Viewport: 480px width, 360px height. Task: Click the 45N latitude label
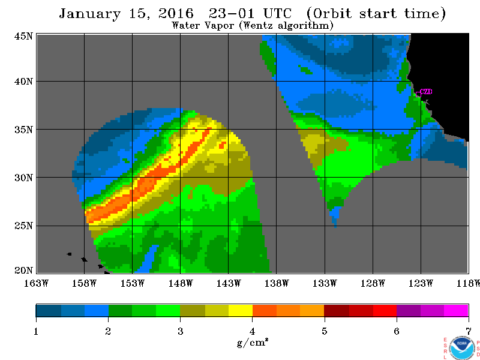23,36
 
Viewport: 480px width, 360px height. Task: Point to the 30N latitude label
23,178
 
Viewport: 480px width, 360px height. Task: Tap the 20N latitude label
23,271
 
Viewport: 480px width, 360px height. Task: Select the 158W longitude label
84,283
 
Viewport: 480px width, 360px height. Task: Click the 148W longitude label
181,283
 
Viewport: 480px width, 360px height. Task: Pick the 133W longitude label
325,283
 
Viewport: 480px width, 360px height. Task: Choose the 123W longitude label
421,283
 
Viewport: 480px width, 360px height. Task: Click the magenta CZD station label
426,92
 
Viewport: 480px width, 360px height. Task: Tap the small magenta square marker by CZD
418,94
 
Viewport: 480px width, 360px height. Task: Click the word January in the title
89,14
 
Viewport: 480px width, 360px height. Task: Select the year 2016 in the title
176,13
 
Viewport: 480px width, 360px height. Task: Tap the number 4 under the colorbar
252,331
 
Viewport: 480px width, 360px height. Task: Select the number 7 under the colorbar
469,331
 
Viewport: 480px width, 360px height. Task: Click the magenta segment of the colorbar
456,310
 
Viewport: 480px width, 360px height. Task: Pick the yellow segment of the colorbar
241,310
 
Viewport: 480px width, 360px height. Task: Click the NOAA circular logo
461,348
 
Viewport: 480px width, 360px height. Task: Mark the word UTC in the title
277,13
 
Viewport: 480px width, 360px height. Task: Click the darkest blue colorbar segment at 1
49,310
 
